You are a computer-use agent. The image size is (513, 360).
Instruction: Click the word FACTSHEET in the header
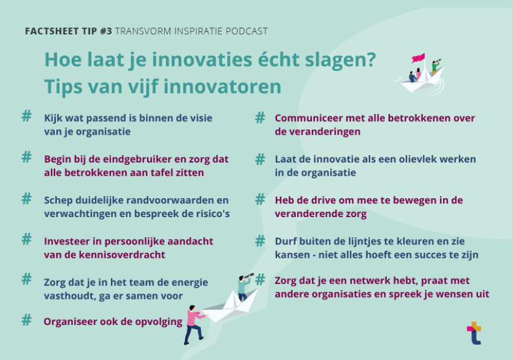click(x=49, y=31)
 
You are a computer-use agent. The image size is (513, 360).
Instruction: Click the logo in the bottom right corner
click(x=474, y=333)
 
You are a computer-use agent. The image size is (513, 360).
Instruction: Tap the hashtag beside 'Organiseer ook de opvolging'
click(x=27, y=321)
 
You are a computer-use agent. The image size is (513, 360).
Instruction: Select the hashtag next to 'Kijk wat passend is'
click(x=27, y=116)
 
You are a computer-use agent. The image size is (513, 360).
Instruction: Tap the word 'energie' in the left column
click(x=188, y=282)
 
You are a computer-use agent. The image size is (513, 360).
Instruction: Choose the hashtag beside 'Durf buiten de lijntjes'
click(x=260, y=241)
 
